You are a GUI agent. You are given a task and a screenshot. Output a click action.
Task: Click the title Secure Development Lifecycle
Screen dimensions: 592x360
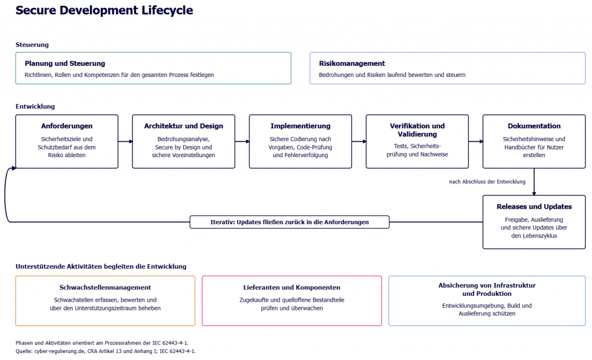pos(104,10)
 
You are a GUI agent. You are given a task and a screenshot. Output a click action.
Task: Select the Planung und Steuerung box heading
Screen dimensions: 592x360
pos(65,64)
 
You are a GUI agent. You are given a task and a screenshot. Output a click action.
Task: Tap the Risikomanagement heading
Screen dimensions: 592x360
pos(352,64)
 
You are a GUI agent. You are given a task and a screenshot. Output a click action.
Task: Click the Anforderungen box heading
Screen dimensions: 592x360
pos(67,126)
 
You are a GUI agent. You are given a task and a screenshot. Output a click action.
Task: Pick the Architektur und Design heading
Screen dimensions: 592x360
pos(183,126)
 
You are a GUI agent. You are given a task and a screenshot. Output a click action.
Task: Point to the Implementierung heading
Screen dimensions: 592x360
pos(301,126)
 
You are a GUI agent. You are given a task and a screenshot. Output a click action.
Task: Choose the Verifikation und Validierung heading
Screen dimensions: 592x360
pos(417,130)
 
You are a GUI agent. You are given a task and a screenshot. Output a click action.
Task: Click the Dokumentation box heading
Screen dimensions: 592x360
pos(534,126)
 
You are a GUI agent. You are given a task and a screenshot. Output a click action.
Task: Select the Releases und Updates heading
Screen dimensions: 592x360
pos(534,206)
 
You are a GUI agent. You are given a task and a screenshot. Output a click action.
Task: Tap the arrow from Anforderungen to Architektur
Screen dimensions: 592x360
pos(125,142)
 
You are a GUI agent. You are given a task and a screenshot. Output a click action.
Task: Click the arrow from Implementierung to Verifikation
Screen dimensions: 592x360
pos(359,142)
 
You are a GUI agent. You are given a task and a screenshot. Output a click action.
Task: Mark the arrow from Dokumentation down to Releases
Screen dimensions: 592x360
pos(534,182)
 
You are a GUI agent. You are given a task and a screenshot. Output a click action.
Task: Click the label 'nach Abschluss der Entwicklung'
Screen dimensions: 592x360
pos(487,181)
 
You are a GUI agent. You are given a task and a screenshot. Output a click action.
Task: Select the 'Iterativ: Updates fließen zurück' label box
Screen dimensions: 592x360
pos(290,222)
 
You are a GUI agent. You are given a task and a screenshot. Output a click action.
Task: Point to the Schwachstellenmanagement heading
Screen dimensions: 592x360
pos(105,287)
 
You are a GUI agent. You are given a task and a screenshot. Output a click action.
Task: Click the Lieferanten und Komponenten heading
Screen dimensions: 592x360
pos(292,287)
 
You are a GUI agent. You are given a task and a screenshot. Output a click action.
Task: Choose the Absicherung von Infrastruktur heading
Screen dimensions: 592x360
pos(487,290)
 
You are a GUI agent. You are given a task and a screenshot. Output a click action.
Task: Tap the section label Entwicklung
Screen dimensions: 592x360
pos(35,106)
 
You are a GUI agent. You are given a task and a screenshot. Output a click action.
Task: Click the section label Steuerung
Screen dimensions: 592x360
pos(32,44)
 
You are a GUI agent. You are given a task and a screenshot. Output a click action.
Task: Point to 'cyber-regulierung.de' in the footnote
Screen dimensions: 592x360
pos(60,351)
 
